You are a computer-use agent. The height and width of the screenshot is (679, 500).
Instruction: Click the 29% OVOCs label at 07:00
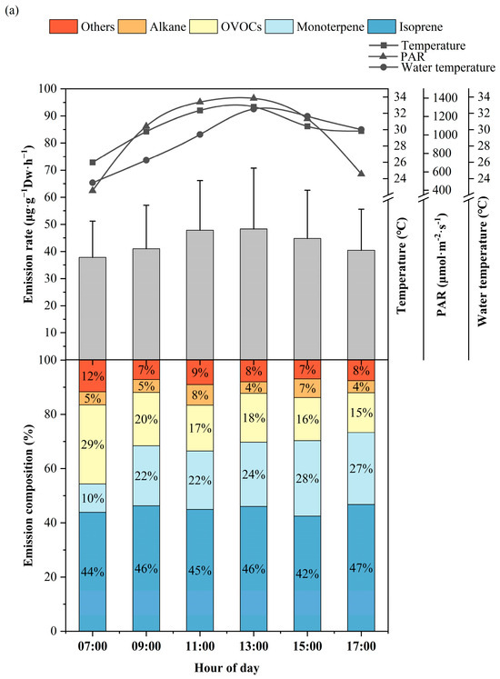93,444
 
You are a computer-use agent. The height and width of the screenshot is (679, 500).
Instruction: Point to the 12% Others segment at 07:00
93,375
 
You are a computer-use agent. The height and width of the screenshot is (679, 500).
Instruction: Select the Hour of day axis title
226,668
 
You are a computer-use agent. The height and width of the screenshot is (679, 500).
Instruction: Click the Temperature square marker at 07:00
93,162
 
